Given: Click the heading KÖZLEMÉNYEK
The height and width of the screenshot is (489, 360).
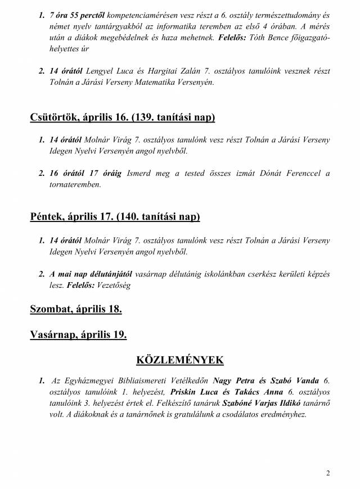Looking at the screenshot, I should coord(179,360).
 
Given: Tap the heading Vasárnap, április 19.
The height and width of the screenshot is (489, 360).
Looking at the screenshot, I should coord(78,334).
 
